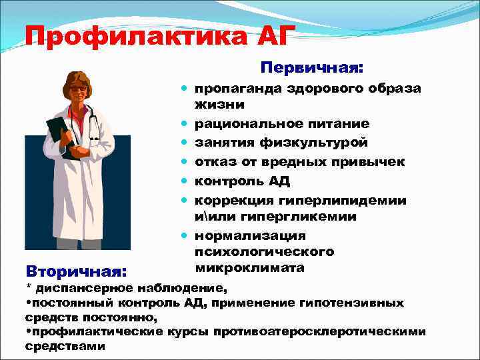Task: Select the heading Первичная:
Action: (x=312, y=68)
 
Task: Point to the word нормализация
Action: (x=250, y=236)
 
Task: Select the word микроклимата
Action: (x=250, y=268)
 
